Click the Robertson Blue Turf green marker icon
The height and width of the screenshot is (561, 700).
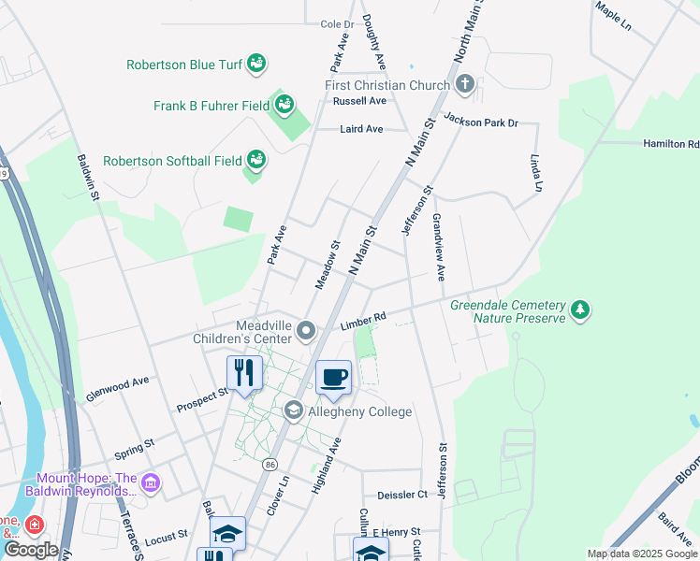(x=256, y=65)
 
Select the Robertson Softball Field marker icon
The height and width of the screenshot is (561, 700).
(x=255, y=161)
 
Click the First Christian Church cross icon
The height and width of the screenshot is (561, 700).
(x=465, y=85)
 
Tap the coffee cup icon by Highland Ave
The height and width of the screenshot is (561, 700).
(x=333, y=378)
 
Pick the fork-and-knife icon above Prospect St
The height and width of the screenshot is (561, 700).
(x=244, y=372)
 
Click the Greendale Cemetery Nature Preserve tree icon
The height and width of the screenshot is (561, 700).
(x=580, y=309)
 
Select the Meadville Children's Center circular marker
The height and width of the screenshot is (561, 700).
(x=305, y=330)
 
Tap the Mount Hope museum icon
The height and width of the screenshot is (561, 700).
(x=151, y=483)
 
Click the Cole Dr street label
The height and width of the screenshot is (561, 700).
(x=337, y=24)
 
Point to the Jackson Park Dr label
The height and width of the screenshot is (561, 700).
(x=481, y=120)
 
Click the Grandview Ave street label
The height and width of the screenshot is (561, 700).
(x=437, y=248)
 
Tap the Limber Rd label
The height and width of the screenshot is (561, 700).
(x=364, y=322)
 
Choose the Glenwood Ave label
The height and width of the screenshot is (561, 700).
(x=117, y=382)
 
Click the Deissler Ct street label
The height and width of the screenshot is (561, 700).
(x=401, y=494)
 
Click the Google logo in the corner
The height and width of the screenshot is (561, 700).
(x=31, y=550)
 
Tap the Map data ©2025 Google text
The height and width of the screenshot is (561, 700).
(x=641, y=554)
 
